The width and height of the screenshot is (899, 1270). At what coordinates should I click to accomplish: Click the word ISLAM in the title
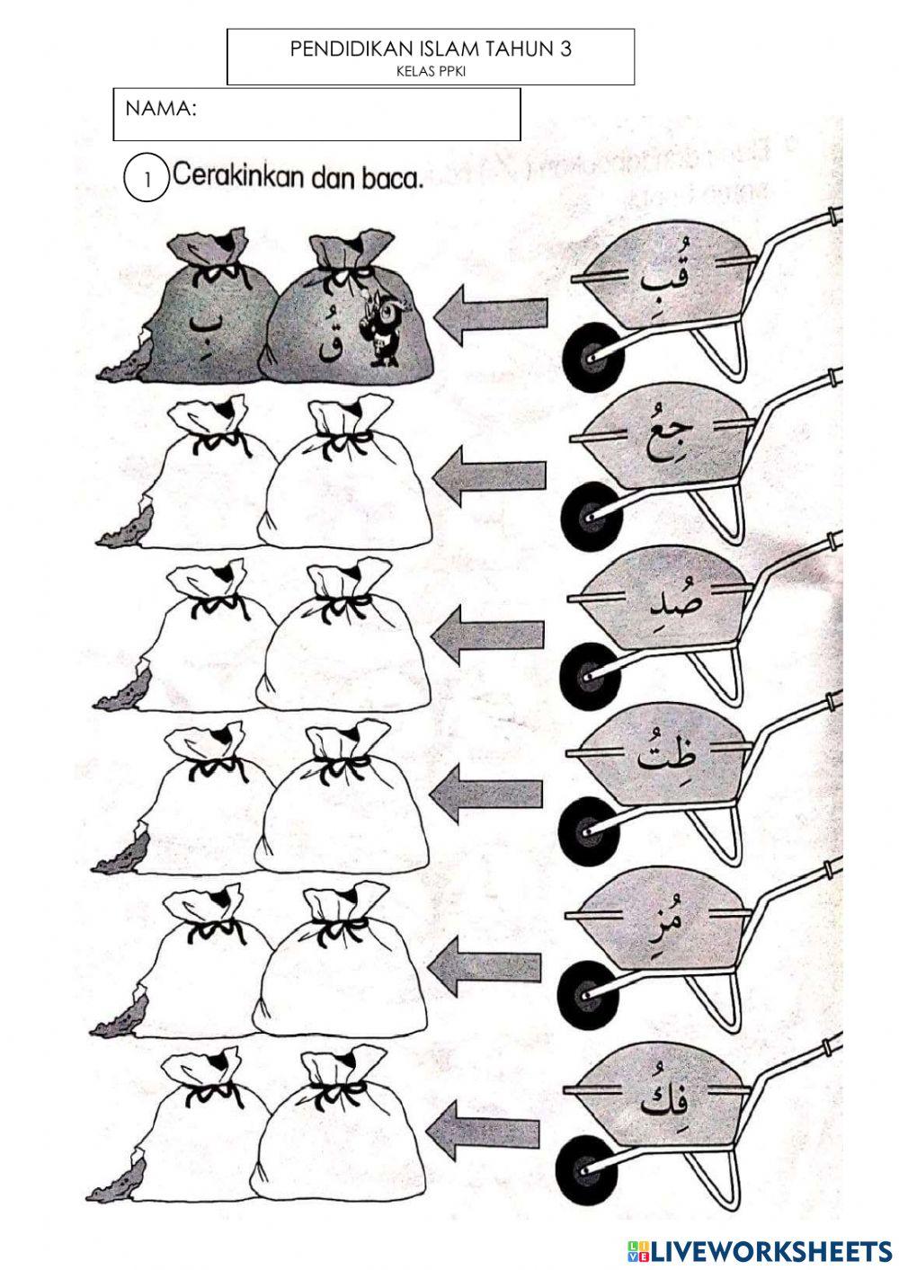pyautogui.click(x=449, y=49)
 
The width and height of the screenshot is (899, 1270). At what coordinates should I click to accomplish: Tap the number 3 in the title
pyautogui.click(x=565, y=49)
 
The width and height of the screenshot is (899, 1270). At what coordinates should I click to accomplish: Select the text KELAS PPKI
pyautogui.click(x=431, y=72)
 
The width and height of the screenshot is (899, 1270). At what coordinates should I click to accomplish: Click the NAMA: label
pyautogui.click(x=161, y=108)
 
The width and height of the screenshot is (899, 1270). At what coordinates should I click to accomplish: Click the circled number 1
pyautogui.click(x=147, y=180)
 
